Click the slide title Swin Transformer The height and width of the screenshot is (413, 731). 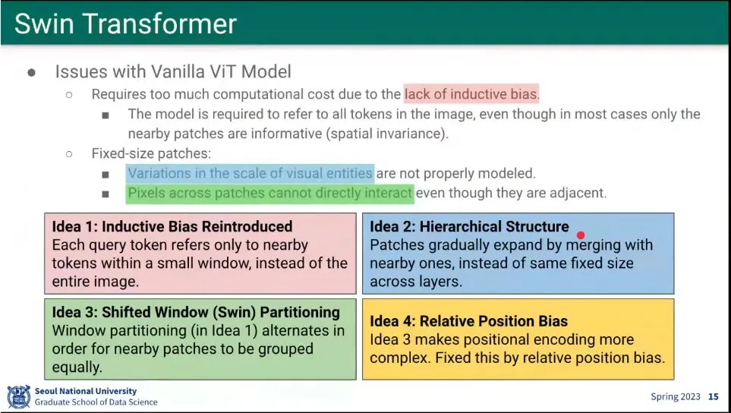[125, 24]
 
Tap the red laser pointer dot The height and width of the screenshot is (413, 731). [581, 235]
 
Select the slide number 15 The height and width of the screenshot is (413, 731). [714, 397]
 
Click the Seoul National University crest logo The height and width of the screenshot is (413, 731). [19, 397]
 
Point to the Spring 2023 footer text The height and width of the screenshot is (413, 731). [676, 397]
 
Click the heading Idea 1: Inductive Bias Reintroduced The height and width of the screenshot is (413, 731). [172, 226]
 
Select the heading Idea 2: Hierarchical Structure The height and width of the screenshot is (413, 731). [469, 226]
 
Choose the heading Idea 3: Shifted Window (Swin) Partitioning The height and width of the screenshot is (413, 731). [196, 312]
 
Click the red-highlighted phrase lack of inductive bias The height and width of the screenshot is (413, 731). [471, 94]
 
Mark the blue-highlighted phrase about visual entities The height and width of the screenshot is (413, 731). [250, 173]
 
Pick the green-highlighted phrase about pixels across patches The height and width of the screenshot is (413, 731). [270, 193]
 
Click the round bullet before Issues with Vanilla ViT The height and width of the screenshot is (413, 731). [32, 73]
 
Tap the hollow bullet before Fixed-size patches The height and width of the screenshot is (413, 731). [69, 154]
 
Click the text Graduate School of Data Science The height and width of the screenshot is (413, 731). [96, 402]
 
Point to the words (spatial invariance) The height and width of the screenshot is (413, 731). [387, 134]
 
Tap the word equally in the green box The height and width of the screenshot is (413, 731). [77, 368]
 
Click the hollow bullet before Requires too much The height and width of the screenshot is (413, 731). [69, 95]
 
